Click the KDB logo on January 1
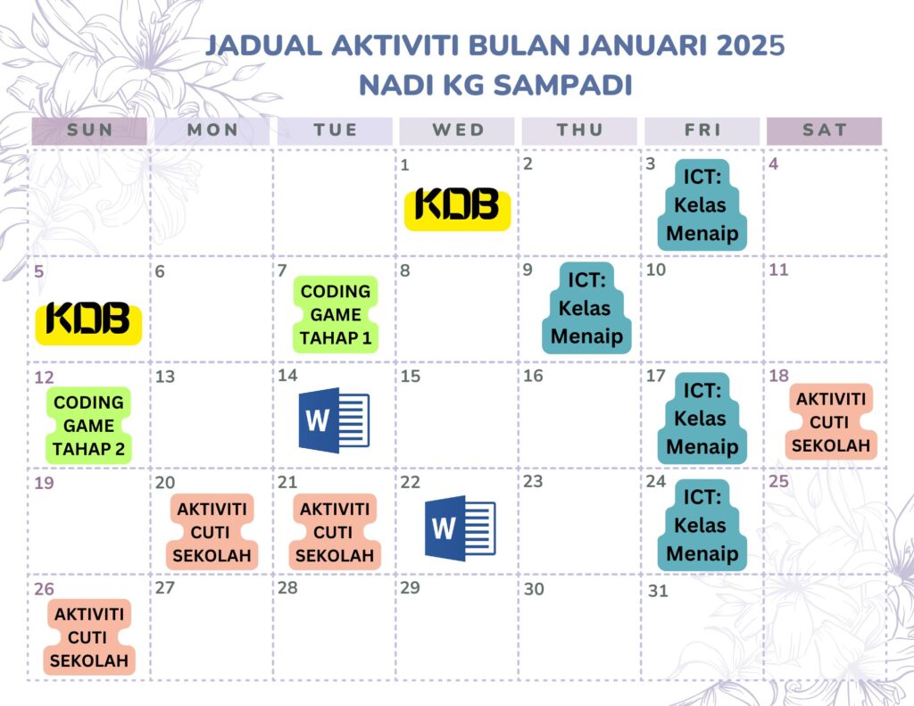[458, 209]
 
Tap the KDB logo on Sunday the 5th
[88, 323]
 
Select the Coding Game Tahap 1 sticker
[336, 315]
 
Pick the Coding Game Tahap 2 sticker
[88, 426]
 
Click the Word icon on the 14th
[334, 420]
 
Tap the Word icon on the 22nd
[461, 528]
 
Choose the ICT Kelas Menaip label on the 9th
[586, 308]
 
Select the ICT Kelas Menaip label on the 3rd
[702, 204]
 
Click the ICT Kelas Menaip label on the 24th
[702, 525]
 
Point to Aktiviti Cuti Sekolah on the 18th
[831, 422]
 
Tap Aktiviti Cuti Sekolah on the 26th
[88, 637]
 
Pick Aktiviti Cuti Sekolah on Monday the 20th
[212, 532]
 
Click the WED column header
[457, 130]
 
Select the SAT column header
[824, 130]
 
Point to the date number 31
[658, 591]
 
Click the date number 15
[411, 376]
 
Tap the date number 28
[288, 587]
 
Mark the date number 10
[656, 270]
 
